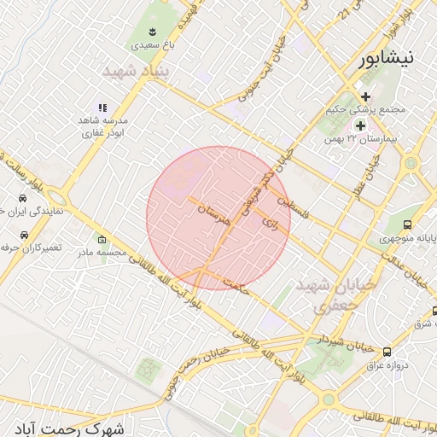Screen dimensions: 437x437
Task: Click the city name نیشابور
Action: point(386,59)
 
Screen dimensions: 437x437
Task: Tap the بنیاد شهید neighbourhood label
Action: point(137,72)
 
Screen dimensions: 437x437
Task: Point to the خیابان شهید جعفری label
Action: point(323,295)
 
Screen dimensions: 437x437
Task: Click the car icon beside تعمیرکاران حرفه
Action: point(25,234)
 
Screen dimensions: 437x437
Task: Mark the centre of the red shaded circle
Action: point(218,218)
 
